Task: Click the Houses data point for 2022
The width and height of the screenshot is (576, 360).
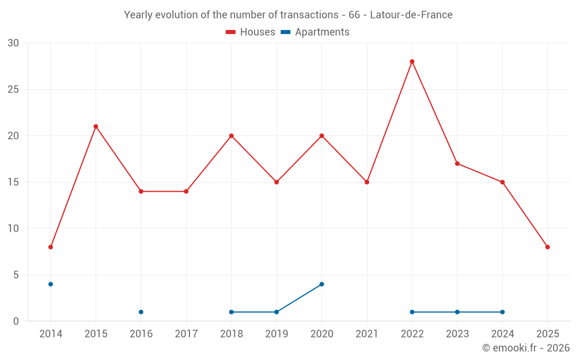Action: click(x=412, y=62)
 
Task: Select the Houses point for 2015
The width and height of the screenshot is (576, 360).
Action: click(x=96, y=127)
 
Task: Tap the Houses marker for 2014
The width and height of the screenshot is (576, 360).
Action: click(x=51, y=247)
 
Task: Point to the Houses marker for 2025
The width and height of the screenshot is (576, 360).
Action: click(x=547, y=247)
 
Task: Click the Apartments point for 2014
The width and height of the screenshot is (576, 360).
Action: click(x=51, y=284)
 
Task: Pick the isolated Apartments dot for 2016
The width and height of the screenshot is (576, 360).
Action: click(x=141, y=312)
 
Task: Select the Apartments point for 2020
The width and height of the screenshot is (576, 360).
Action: click(x=321, y=284)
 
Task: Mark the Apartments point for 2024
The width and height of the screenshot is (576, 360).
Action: click(x=502, y=312)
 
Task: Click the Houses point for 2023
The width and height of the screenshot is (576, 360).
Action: click(x=457, y=164)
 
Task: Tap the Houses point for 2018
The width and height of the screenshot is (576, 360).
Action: click(x=232, y=136)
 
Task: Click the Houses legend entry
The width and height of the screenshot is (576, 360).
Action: click(x=251, y=32)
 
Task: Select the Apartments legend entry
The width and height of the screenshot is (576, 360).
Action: click(x=315, y=32)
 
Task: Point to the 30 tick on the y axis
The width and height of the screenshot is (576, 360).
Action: click(x=13, y=43)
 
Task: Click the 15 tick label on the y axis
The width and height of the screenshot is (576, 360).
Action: click(x=13, y=182)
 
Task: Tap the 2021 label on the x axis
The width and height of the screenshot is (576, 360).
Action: click(x=367, y=334)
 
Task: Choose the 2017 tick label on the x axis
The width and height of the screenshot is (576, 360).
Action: click(x=186, y=334)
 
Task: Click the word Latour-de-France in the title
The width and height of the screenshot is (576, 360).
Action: click(x=411, y=14)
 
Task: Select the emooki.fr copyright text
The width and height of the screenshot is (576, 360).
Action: click(x=526, y=348)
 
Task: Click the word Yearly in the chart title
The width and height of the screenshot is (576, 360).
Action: click(x=138, y=14)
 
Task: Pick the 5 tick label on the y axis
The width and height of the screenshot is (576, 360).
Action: click(x=16, y=275)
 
